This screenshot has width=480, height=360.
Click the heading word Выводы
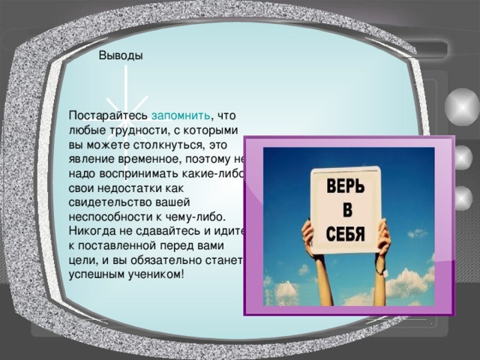121,55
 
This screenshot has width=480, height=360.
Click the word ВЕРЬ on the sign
346,187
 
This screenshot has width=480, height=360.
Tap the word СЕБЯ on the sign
346,233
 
